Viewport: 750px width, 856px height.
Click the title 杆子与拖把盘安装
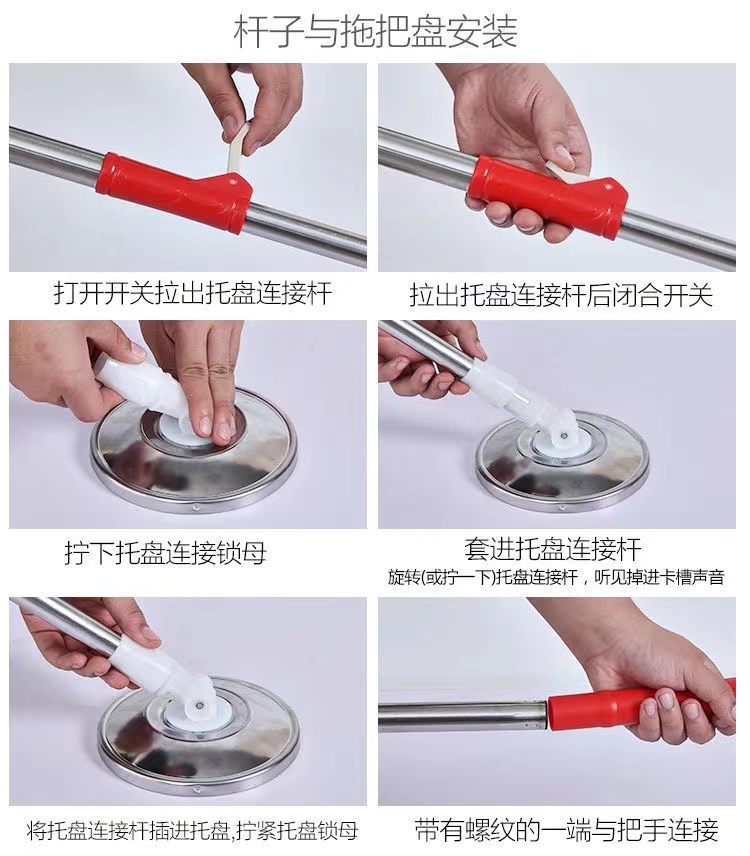[376, 32]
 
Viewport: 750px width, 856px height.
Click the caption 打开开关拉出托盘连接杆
[193, 293]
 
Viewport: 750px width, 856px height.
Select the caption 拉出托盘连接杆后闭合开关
[561, 295]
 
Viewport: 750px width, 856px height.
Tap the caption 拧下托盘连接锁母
[165, 552]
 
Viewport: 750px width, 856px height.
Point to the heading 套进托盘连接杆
[553, 549]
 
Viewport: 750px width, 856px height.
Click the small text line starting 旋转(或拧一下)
[556, 577]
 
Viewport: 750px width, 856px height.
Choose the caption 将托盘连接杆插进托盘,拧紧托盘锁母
[192, 831]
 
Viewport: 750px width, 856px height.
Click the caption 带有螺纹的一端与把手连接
[567, 830]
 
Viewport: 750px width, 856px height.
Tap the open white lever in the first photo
[237, 147]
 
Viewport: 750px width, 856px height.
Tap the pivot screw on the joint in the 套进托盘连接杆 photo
[560, 435]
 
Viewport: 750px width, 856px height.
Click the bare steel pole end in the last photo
[463, 716]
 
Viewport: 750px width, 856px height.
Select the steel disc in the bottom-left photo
[198, 736]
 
